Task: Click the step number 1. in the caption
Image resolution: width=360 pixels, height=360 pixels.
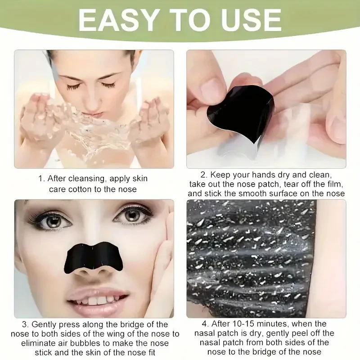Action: pos(41,179)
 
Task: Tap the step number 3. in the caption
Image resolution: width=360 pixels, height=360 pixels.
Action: pos(25,324)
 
